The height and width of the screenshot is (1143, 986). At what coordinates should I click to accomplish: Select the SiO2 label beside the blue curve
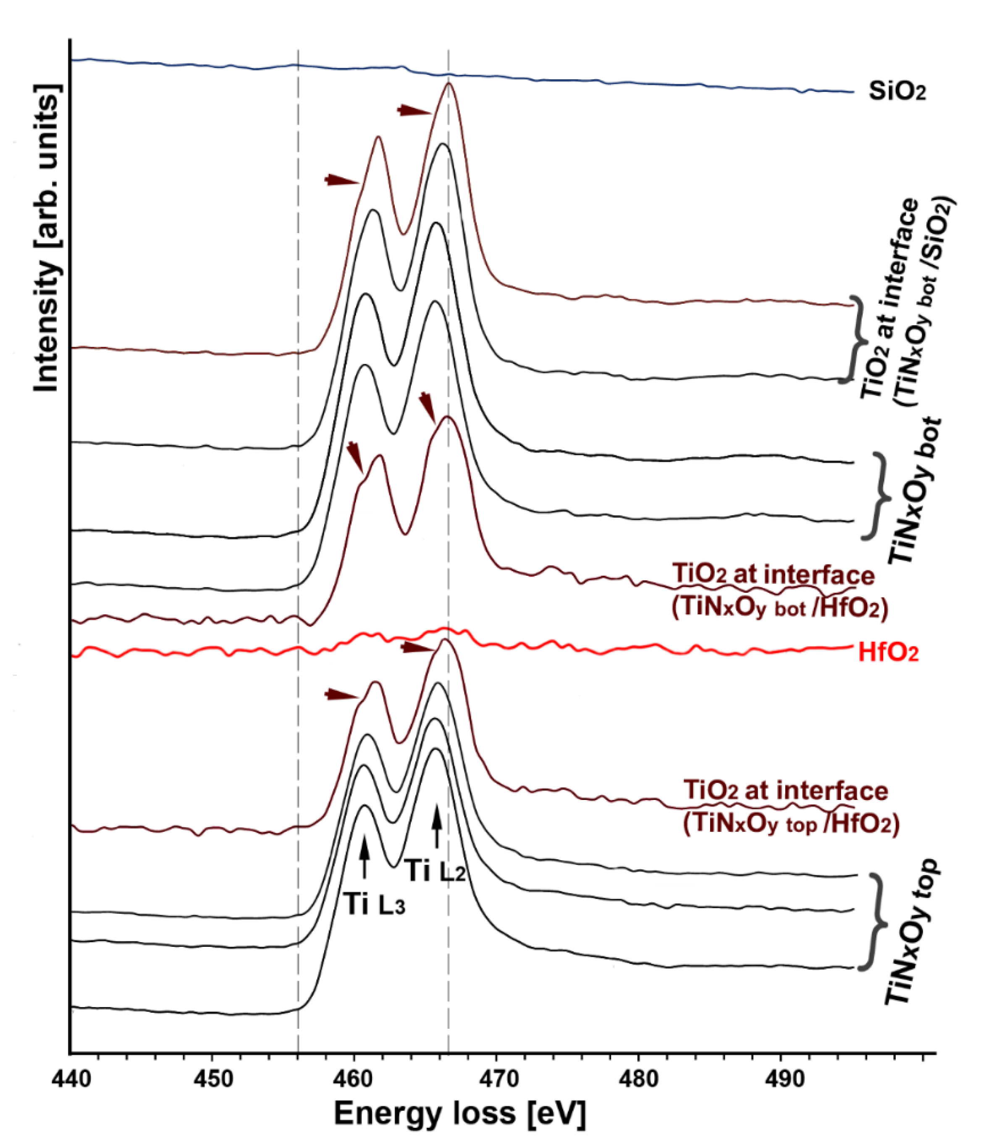tap(897, 92)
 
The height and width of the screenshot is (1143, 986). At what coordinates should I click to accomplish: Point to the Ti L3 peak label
tap(375, 904)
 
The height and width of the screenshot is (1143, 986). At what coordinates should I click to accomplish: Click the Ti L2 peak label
tap(436, 871)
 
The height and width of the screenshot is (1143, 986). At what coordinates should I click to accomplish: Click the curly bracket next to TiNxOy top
tap(877, 921)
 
